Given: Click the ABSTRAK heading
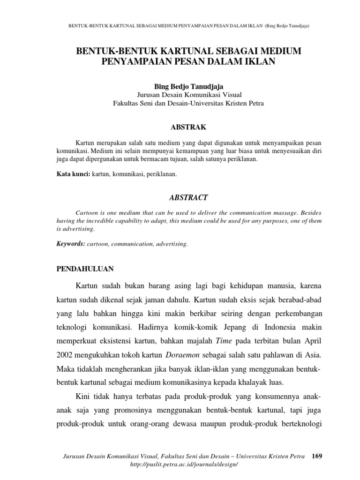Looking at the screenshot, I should click(x=187, y=127).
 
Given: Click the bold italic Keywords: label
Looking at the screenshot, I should click(x=71, y=244).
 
